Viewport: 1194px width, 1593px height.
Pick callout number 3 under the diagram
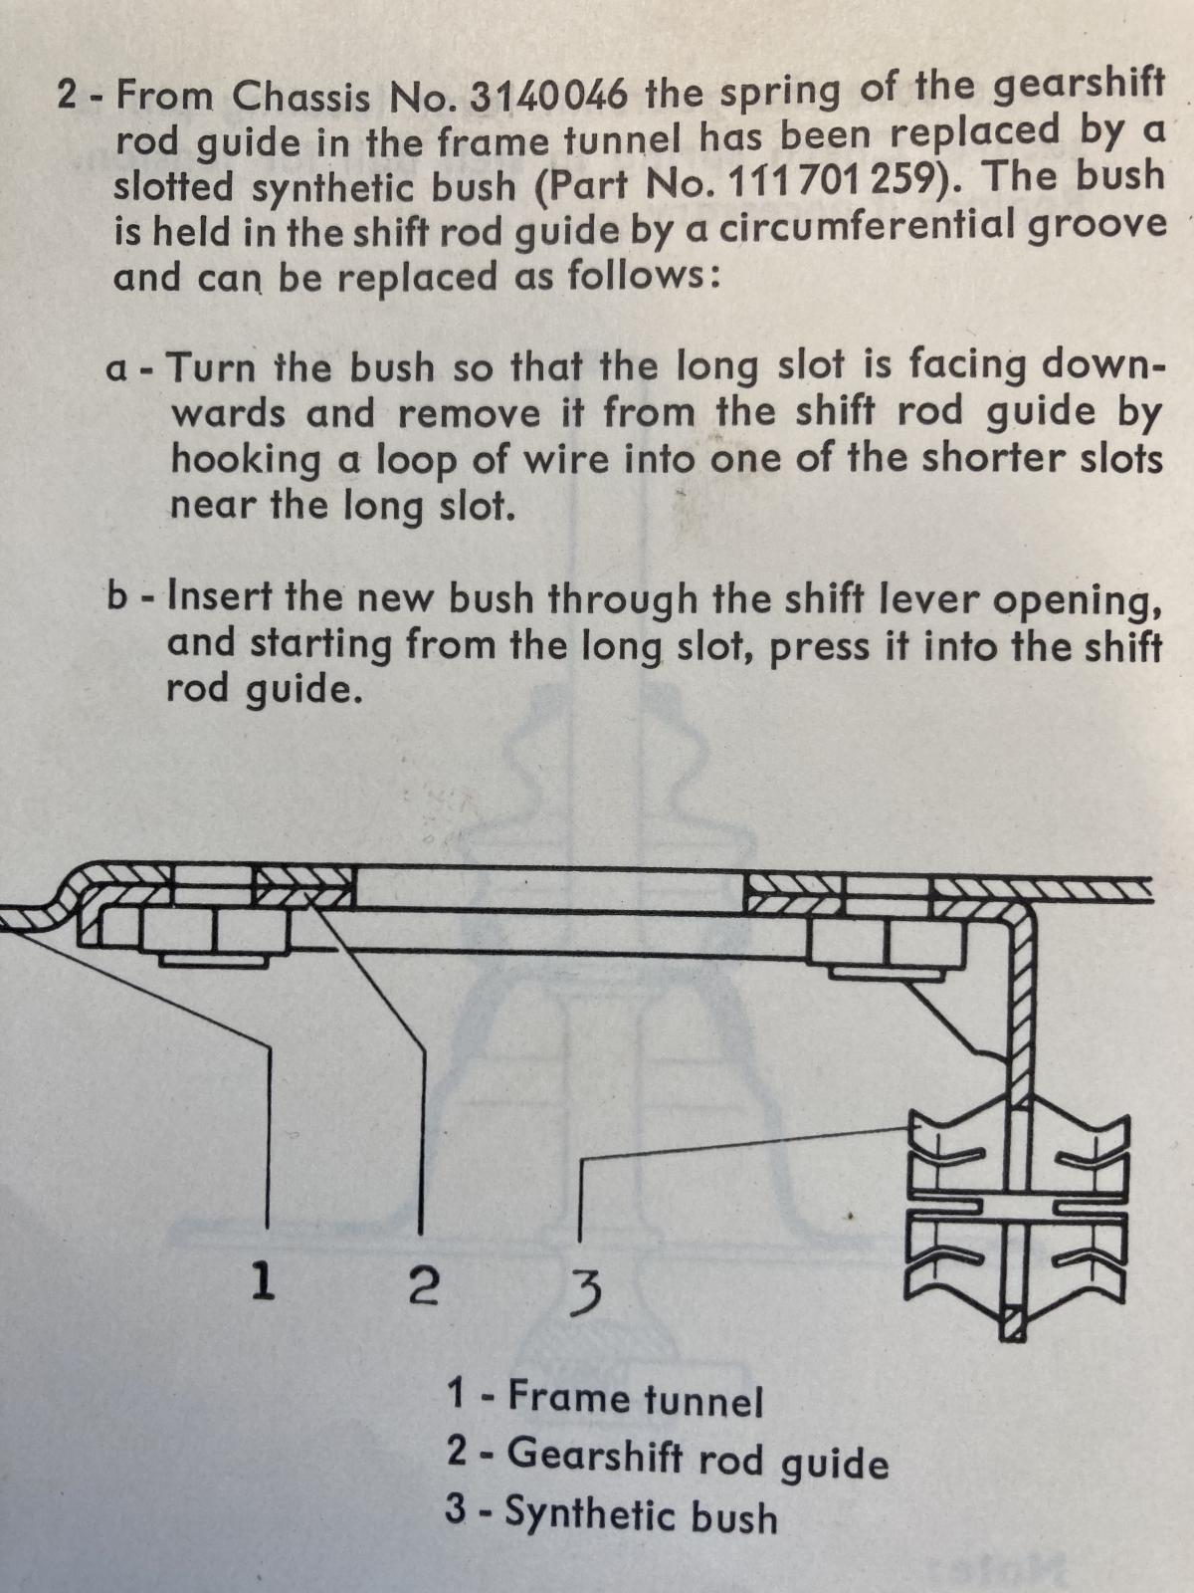tap(585, 1292)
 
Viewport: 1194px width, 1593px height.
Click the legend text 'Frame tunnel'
tap(635, 1398)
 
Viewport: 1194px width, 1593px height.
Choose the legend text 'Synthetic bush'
tap(641, 1513)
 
